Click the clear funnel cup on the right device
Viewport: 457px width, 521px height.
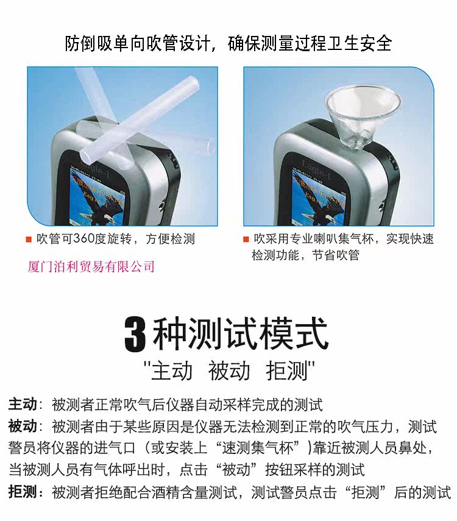pyautogui.click(x=363, y=115)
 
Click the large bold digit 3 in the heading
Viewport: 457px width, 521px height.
pyautogui.click(x=135, y=335)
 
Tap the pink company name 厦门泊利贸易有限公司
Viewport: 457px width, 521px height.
pyautogui.click(x=91, y=266)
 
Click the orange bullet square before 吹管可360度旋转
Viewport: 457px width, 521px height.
pyautogui.click(x=29, y=239)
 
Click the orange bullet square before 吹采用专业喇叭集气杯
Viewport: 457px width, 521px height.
pyautogui.click(x=246, y=239)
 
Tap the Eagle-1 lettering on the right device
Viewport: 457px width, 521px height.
pyautogui.click(x=317, y=170)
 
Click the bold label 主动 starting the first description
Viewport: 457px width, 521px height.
pyautogui.click(x=23, y=404)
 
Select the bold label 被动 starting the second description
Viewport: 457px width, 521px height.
pyautogui.click(x=23, y=426)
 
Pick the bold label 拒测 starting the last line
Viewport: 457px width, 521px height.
pyautogui.click(x=23, y=492)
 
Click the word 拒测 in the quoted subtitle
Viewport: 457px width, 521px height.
pyautogui.click(x=287, y=371)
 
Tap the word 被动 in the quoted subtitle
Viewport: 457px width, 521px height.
pyautogui.click(x=229, y=371)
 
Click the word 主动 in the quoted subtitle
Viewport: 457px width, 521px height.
pyautogui.click(x=172, y=371)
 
